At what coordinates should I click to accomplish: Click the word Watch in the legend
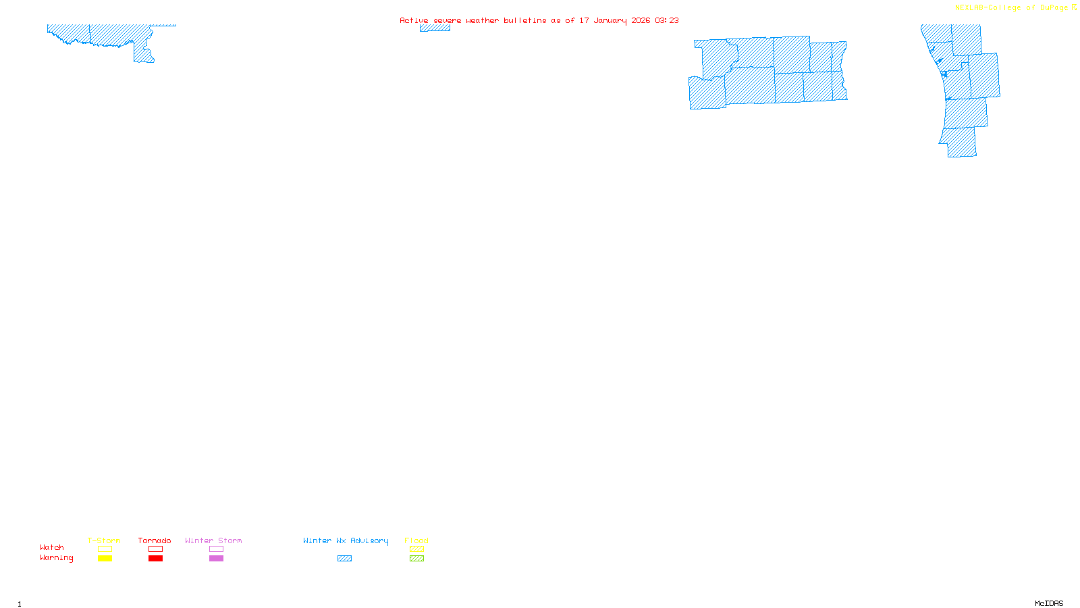[x=52, y=547]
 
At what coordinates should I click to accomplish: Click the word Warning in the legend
[x=57, y=558]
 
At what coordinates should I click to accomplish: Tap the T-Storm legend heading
[x=104, y=540]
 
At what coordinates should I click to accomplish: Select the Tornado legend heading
[x=155, y=540]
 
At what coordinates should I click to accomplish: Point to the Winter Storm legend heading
[x=213, y=540]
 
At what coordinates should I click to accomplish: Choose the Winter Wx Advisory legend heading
[x=346, y=540]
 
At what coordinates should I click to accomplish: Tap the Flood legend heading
[x=416, y=540]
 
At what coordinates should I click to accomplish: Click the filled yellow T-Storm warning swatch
[x=105, y=559]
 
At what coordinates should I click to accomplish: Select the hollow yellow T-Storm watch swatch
[x=105, y=549]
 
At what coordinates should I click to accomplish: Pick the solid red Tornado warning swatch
[x=155, y=559]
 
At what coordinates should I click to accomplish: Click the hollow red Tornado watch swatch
[x=155, y=549]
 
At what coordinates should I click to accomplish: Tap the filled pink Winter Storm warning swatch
[x=216, y=559]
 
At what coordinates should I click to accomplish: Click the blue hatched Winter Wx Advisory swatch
[x=344, y=559]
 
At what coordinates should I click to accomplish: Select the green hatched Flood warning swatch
[x=416, y=559]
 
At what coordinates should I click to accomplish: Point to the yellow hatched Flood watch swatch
[x=416, y=549]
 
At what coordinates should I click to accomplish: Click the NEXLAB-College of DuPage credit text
[x=1012, y=8]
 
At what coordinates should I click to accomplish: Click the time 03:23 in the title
[x=667, y=20]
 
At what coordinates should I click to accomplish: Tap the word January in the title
[x=610, y=20]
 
